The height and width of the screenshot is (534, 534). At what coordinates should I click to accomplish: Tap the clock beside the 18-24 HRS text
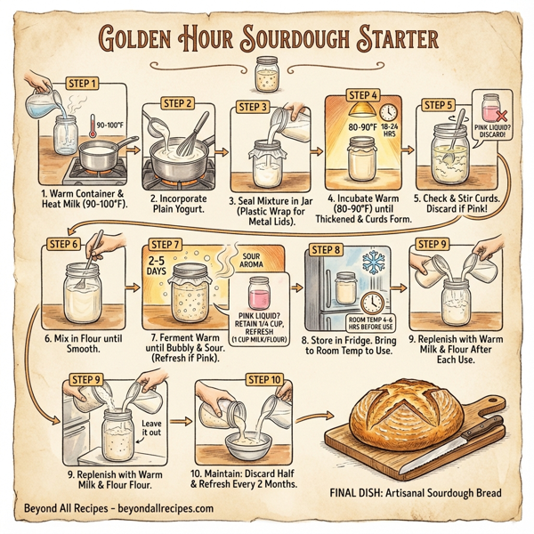[387, 113]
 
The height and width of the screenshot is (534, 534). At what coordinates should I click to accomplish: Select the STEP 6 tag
[64, 242]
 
